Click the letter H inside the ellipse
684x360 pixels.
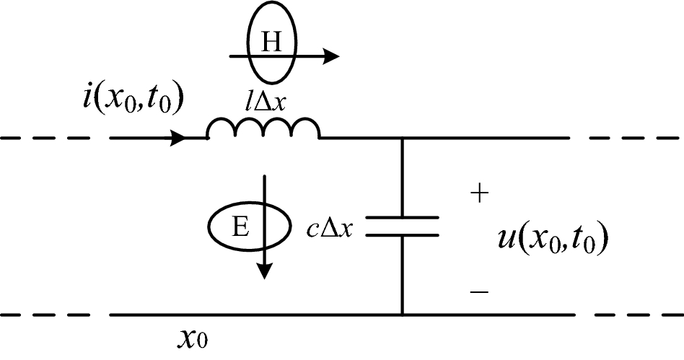click(x=271, y=43)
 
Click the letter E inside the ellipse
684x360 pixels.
click(x=242, y=229)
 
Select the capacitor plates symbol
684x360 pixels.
click(x=402, y=226)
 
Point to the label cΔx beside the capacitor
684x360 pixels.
click(x=328, y=229)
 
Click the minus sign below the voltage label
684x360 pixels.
click(x=479, y=291)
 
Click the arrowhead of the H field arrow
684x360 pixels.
click(x=332, y=56)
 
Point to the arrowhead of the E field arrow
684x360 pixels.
click(x=266, y=271)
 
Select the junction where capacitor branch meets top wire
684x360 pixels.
click(x=402, y=137)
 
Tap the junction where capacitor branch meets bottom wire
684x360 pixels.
click(x=402, y=315)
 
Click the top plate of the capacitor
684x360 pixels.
click(x=402, y=217)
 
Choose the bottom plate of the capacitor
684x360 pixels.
click(x=402, y=234)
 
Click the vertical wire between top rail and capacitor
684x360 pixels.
click(x=402, y=177)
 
